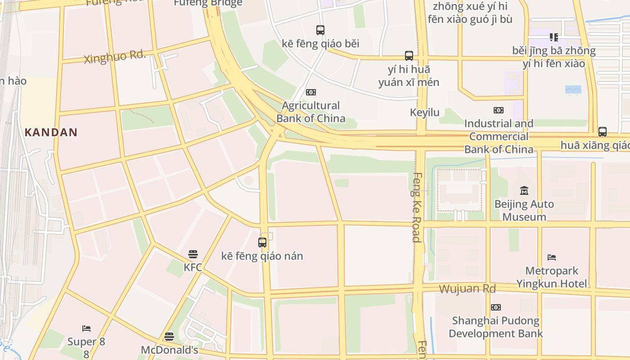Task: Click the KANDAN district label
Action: coord(51,132)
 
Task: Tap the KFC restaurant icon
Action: coord(193,254)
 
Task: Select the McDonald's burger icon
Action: coord(169,337)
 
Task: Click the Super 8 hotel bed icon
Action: coord(86,328)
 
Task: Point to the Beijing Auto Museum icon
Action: coord(524,191)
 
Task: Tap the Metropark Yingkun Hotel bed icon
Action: coord(552,257)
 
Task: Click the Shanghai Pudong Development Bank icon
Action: coord(496,307)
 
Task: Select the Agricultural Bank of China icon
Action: coord(311,92)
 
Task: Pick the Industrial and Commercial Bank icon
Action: coord(499,110)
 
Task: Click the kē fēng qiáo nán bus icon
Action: coord(262,243)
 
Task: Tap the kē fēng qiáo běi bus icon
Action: coord(320,30)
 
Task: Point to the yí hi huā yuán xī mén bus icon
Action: coord(409,56)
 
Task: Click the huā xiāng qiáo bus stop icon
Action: coord(603,132)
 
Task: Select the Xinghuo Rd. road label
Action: coord(115,57)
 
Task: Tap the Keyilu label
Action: coord(424,112)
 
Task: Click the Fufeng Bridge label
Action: coord(208,3)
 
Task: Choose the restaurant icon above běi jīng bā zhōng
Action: coord(554,37)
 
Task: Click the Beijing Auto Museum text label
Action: coord(524,211)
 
